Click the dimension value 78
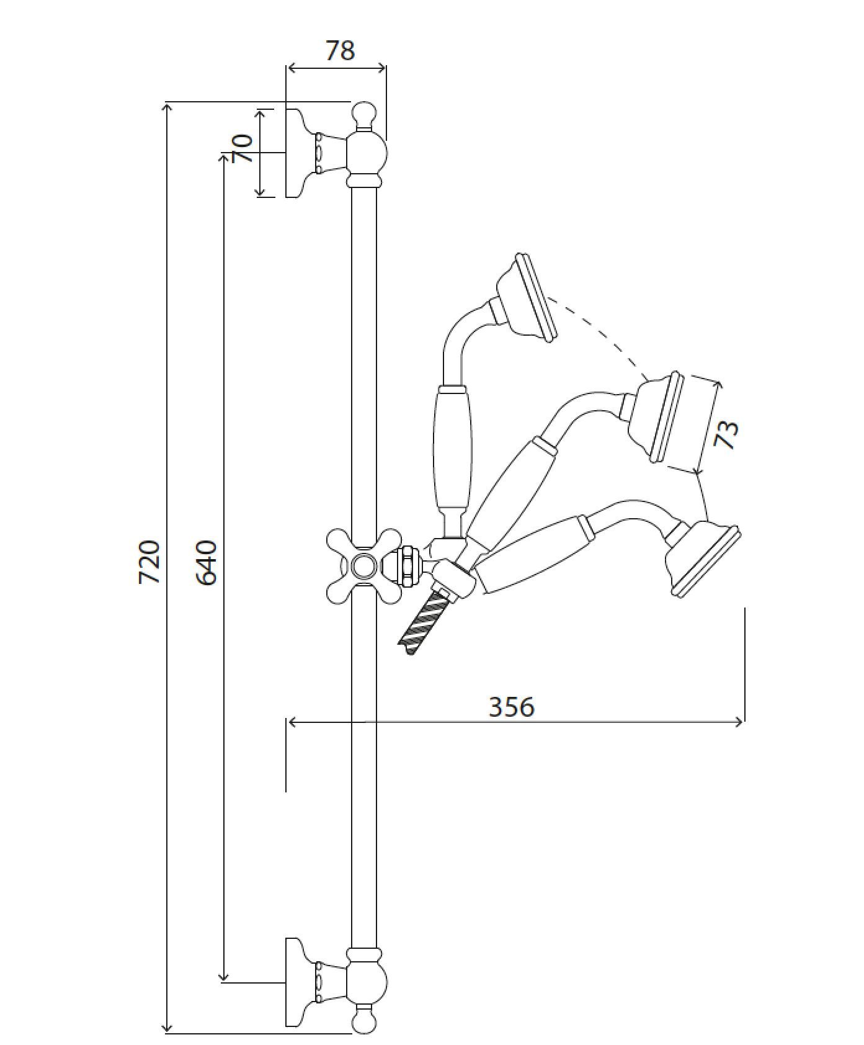tap(340, 50)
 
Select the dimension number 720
tap(149, 562)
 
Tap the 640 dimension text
tap(207, 562)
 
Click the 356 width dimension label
tap(512, 707)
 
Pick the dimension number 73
tap(726, 434)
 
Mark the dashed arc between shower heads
tap(605, 335)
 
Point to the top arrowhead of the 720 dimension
tap(166, 107)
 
